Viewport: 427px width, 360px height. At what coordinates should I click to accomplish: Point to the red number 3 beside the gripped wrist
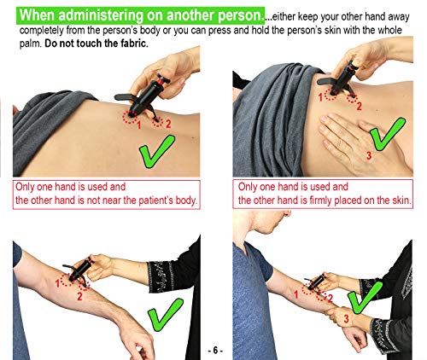pos(344,317)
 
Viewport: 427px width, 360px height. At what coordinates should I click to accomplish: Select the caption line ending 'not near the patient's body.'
pos(107,201)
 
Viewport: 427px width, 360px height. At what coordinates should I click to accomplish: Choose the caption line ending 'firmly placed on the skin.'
pos(325,201)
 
